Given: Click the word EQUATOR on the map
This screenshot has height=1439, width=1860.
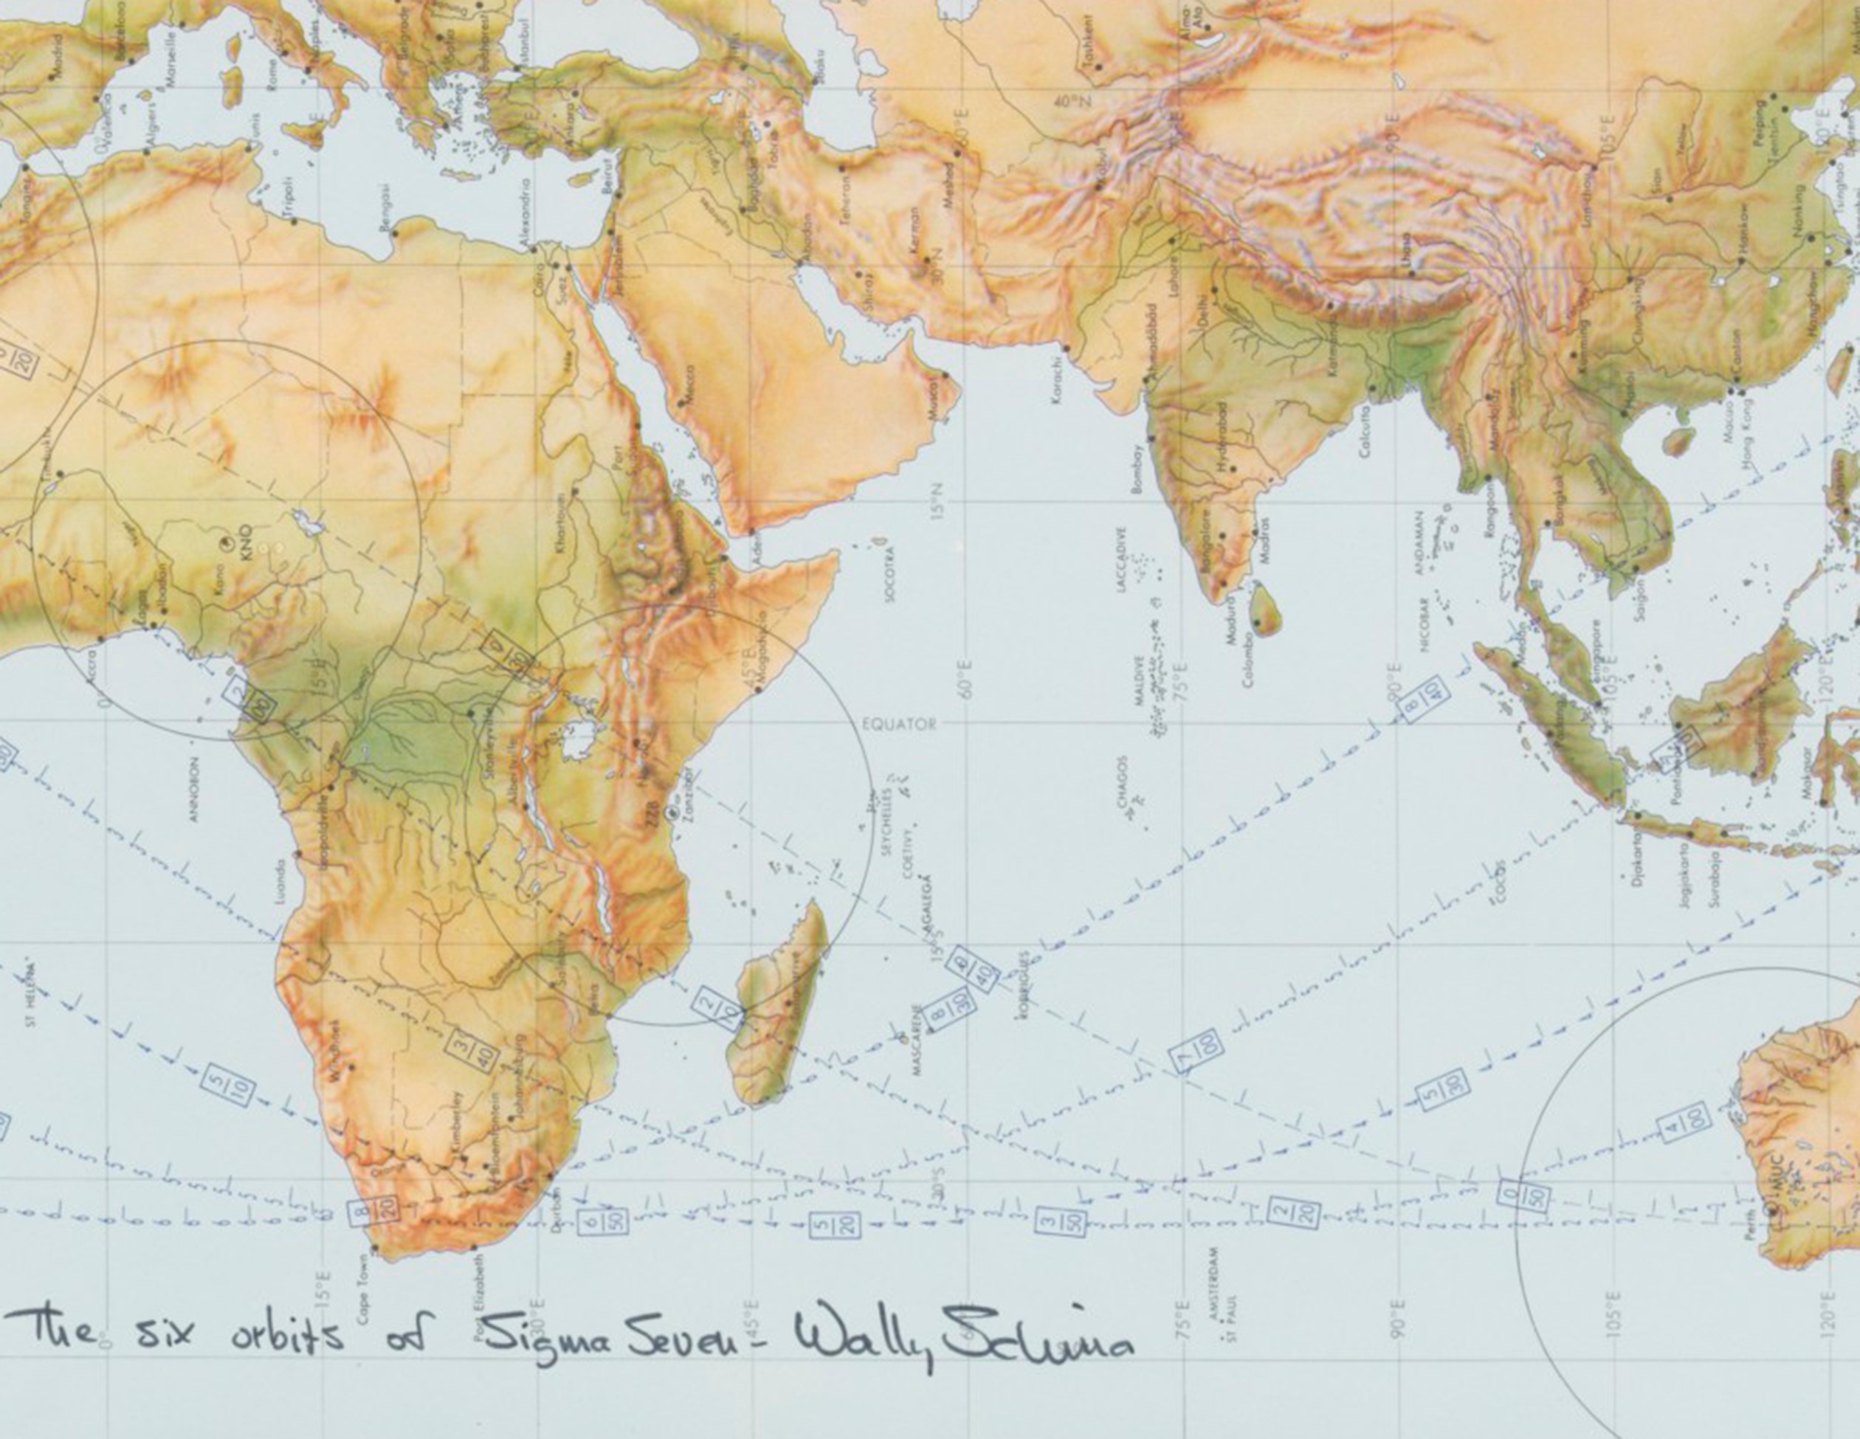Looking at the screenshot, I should (899, 725).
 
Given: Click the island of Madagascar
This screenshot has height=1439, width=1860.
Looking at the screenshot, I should (779, 1005).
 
